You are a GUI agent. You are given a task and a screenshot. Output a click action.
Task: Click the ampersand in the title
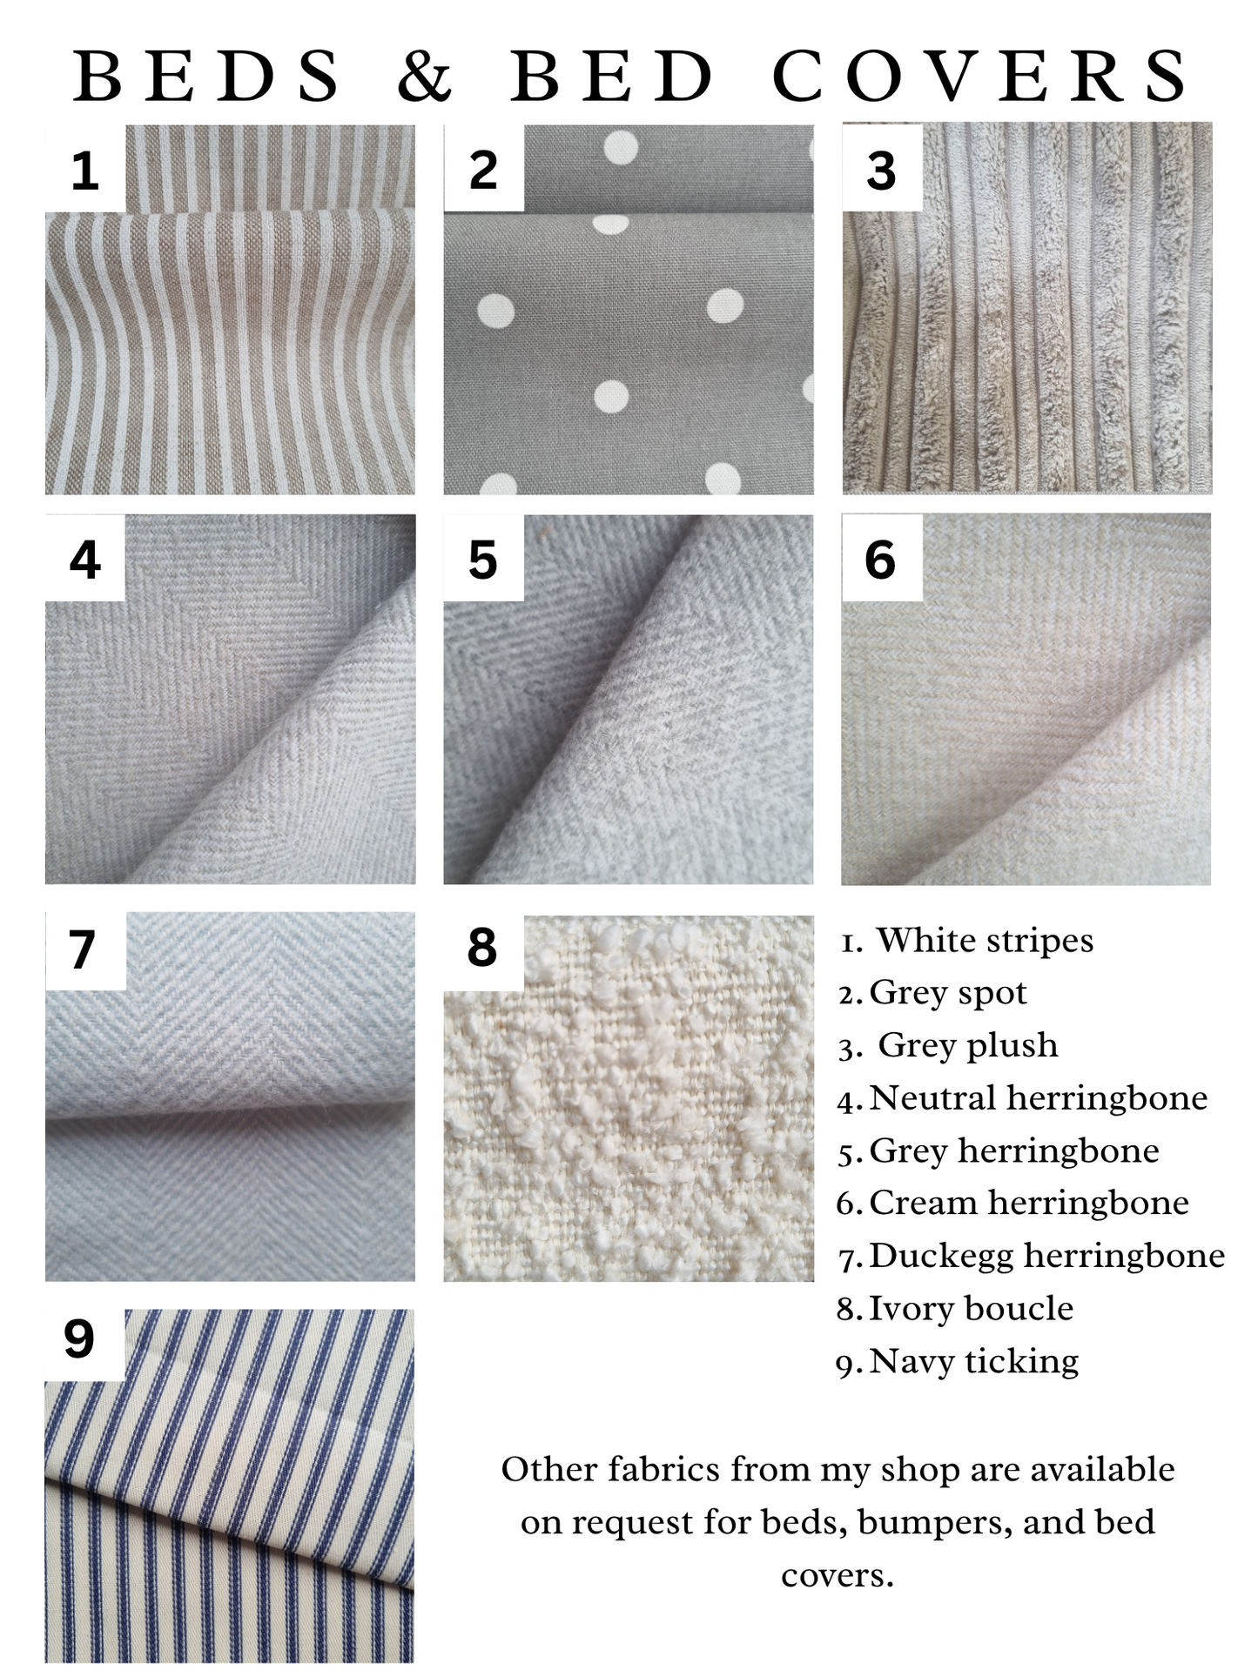click(x=425, y=76)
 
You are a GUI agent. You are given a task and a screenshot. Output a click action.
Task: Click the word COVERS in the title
click(x=980, y=76)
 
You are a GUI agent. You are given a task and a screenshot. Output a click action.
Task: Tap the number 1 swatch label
click(x=84, y=170)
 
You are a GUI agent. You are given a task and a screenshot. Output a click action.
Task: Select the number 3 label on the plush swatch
click(x=881, y=171)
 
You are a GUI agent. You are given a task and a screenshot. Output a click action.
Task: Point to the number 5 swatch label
click(x=483, y=560)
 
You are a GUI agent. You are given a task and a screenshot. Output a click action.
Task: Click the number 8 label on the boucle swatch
click(x=482, y=947)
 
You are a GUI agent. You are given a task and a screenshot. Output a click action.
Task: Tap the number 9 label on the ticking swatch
click(x=79, y=1338)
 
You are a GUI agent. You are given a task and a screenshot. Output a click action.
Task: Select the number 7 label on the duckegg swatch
click(x=82, y=949)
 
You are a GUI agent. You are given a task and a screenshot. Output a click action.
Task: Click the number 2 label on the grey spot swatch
click(x=483, y=170)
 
